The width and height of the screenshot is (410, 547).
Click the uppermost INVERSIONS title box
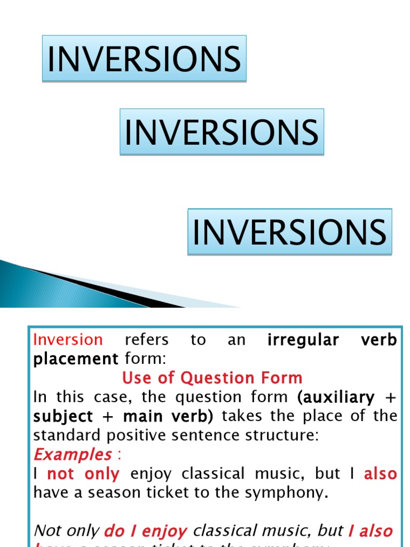point(144,59)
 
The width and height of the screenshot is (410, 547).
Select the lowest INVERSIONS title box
point(290,232)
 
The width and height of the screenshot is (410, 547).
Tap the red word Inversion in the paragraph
point(68,340)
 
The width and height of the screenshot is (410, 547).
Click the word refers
point(146,340)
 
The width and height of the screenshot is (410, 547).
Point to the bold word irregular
point(303,340)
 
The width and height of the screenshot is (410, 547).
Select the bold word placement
point(75,359)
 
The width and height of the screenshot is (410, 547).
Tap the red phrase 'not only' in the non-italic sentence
point(83,474)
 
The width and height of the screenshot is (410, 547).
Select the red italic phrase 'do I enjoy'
point(146,531)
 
